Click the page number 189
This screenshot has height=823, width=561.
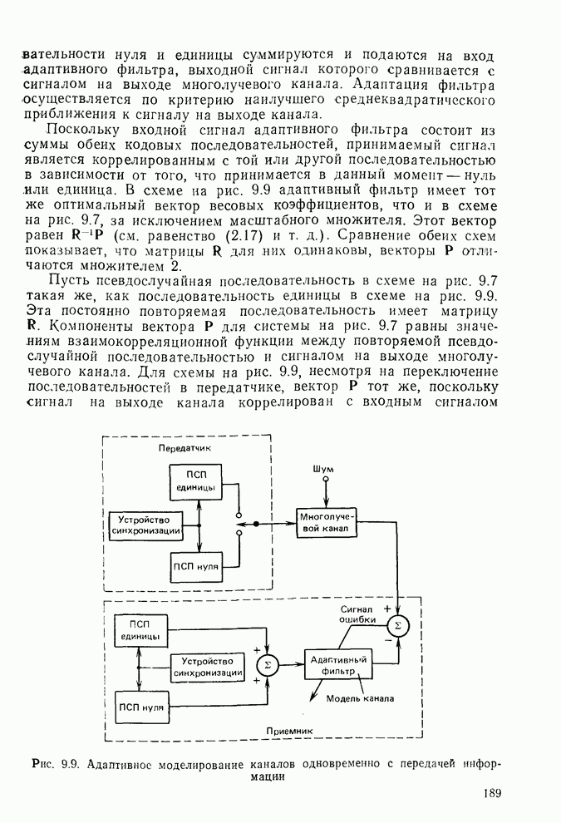click(x=490, y=794)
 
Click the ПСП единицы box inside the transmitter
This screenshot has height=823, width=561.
click(x=196, y=480)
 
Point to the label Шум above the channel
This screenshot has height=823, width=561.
click(x=323, y=469)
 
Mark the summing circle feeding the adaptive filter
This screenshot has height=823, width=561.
click(x=268, y=663)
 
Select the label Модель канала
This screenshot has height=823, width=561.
click(x=360, y=697)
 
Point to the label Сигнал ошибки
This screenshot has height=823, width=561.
click(x=357, y=614)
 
